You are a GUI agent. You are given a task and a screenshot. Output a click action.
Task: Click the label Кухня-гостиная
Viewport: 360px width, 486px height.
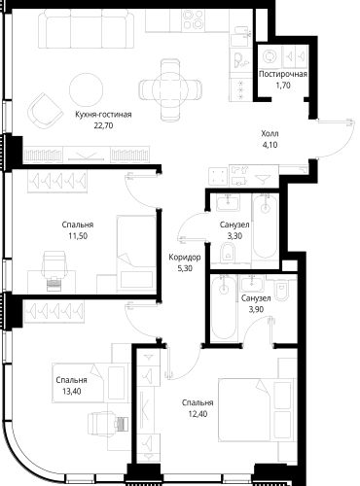[103, 115]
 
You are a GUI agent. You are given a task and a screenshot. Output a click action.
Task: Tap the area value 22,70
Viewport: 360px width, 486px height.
[103, 125]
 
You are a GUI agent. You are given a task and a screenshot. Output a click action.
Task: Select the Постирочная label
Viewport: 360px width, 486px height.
[283, 74]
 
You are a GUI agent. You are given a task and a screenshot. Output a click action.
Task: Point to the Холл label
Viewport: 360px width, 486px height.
[270, 133]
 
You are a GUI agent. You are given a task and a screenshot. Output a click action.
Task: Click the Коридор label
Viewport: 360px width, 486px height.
[185, 258]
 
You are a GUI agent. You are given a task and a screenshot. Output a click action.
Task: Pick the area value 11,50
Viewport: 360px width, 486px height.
[78, 236]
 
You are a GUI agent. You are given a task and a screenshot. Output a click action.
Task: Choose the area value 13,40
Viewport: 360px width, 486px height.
[72, 391]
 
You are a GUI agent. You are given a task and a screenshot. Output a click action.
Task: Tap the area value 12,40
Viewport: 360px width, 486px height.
[198, 414]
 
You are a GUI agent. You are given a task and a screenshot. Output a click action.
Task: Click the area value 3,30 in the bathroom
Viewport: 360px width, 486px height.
[234, 236]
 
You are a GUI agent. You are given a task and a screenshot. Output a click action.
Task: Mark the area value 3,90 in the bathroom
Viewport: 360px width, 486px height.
[256, 309]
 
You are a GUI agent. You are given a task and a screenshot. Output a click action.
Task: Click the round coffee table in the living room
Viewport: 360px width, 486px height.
[87, 89]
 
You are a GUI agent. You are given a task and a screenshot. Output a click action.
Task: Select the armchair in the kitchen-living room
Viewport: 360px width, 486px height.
[46, 111]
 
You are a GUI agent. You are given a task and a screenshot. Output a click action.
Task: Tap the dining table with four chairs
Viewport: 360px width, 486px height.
[170, 89]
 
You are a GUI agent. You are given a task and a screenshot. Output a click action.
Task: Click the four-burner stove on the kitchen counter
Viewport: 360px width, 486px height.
[194, 19]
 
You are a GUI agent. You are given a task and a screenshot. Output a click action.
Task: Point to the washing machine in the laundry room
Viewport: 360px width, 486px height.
[270, 57]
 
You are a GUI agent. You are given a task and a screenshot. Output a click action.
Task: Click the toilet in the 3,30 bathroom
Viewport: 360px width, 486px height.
[229, 254]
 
